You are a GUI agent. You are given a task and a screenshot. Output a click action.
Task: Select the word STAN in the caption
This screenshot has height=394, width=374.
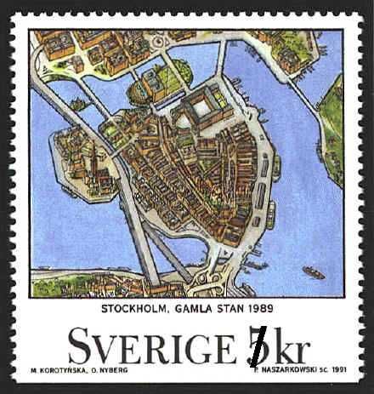tap(241, 310)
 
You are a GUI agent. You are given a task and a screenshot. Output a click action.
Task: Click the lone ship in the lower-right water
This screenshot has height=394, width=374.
tap(313, 272)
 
